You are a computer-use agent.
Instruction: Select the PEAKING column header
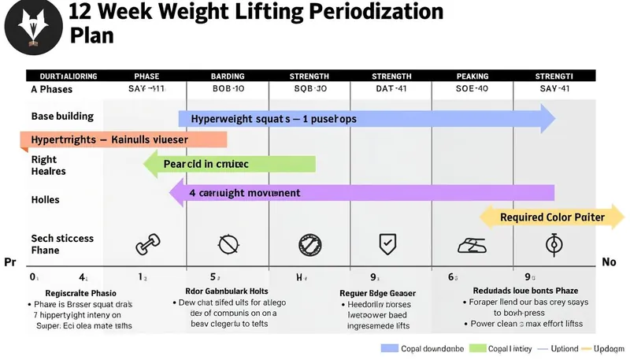[x=472, y=76]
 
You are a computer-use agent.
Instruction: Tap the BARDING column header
[x=228, y=76]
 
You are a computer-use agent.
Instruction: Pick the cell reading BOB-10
[x=228, y=90]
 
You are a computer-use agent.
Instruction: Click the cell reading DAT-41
[x=391, y=90]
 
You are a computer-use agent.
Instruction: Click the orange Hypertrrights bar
[x=122, y=140]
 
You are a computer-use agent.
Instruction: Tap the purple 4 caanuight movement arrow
[x=362, y=192]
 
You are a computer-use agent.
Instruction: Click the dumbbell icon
[x=146, y=245]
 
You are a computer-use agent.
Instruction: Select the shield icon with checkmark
[x=387, y=243]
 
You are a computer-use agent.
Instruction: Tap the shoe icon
[x=472, y=246]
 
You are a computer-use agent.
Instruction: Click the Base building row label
[x=62, y=116]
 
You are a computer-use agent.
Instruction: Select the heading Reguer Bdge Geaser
[x=377, y=293]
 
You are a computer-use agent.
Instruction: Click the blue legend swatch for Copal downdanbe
[x=390, y=348]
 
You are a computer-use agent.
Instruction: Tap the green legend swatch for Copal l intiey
[x=477, y=348]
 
